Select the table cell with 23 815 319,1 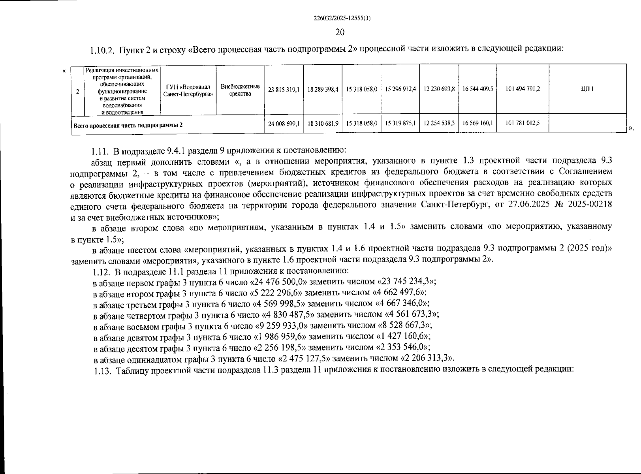tap(283, 89)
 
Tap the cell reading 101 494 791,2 tap(523, 89)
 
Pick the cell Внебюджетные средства tap(240, 90)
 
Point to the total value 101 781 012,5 tap(523, 123)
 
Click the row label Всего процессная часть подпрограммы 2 tap(128, 126)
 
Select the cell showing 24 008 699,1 tap(283, 124)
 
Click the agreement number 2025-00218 tap(592, 205)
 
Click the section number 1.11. tap(100, 150)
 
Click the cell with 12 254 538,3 tap(439, 123)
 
